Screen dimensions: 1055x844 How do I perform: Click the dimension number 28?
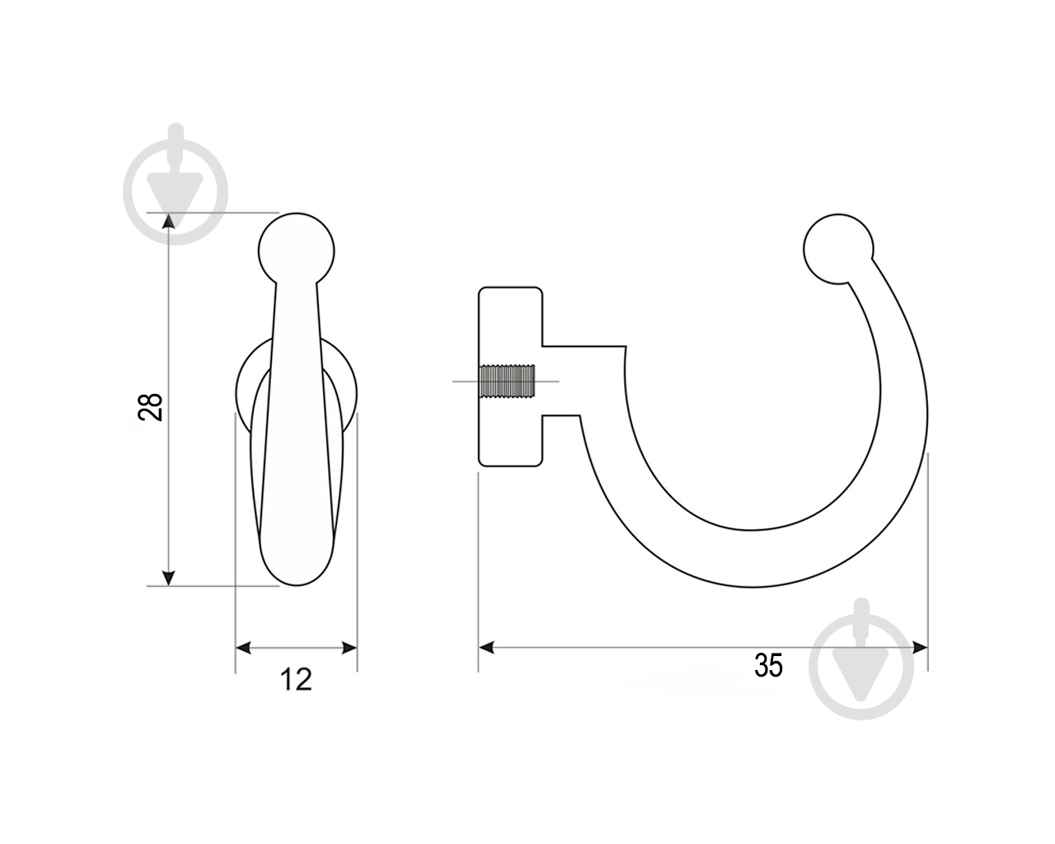150,407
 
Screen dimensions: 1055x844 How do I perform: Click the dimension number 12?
296,680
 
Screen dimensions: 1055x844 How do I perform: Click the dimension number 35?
768,665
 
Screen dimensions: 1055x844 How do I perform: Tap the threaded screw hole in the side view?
508,381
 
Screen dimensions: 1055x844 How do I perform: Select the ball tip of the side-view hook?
838,249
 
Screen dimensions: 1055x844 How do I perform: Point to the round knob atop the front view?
296,251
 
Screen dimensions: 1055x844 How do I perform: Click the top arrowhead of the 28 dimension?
169,221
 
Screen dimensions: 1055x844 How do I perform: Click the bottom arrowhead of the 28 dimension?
169,578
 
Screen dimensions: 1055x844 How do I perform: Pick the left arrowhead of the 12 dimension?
244,648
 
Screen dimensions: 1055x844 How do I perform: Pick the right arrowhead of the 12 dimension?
349,648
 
